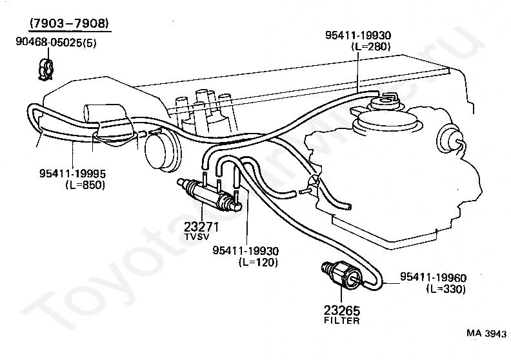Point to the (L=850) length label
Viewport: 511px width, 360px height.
tap(85, 185)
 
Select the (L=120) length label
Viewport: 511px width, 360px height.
tap(257, 262)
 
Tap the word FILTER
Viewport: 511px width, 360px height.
tap(342, 320)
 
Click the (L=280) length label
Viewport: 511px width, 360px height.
tap(371, 47)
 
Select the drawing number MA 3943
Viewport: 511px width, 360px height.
tap(486, 334)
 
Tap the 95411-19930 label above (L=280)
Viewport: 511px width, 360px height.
tap(358, 35)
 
